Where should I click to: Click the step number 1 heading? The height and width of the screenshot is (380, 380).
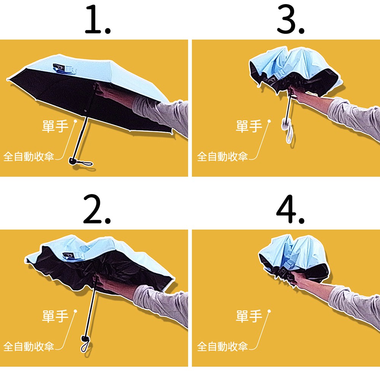point(98,19)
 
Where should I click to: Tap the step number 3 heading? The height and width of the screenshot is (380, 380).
point(290,19)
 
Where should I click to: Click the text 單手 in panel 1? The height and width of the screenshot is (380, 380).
point(55,126)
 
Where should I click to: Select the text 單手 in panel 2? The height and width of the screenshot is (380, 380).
point(55,316)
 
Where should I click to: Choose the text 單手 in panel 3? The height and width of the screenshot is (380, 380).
point(249,126)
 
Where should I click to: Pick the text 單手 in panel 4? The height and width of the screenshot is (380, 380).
point(249,316)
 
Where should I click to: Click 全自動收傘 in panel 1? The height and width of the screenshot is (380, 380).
point(28,157)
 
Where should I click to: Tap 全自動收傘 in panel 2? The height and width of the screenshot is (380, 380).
point(28,347)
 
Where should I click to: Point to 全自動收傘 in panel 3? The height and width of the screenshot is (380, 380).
point(222,157)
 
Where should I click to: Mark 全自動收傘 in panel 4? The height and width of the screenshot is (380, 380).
point(222,347)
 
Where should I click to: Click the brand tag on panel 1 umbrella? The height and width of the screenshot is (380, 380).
point(64,68)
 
